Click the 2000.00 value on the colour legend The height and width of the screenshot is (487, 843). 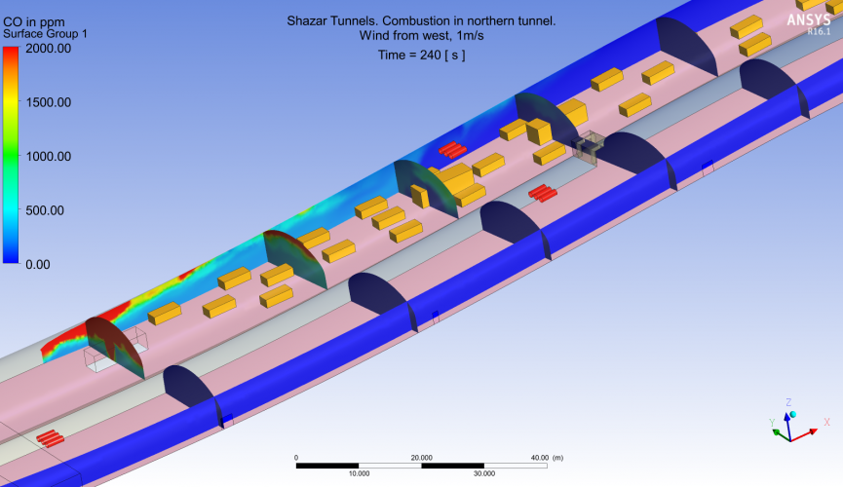(x=49, y=49)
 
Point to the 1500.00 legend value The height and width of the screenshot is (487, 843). (x=49, y=102)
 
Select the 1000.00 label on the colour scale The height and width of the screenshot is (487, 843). (x=49, y=157)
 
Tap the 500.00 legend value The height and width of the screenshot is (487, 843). (x=45, y=210)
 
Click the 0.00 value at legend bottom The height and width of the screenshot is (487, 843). (x=38, y=265)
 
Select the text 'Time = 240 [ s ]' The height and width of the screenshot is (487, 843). (x=421, y=55)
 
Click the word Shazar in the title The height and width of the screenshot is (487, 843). (x=305, y=21)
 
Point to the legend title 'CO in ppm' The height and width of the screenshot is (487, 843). (x=34, y=22)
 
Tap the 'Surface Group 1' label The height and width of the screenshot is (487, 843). (x=45, y=34)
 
